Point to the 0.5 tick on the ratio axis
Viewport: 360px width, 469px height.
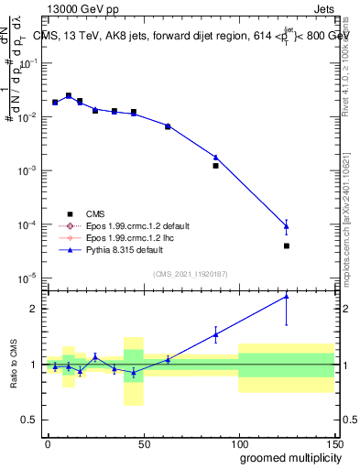(32, 420)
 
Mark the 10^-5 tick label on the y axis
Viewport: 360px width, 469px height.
(29, 278)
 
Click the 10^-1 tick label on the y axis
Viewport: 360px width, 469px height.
(29, 63)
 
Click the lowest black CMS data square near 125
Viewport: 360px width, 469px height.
(287, 245)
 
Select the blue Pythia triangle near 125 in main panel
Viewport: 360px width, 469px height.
(287, 225)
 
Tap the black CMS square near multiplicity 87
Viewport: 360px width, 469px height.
(215, 166)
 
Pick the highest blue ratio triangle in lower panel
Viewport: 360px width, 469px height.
(287, 295)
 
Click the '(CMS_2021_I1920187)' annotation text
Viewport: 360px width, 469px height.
(191, 273)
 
